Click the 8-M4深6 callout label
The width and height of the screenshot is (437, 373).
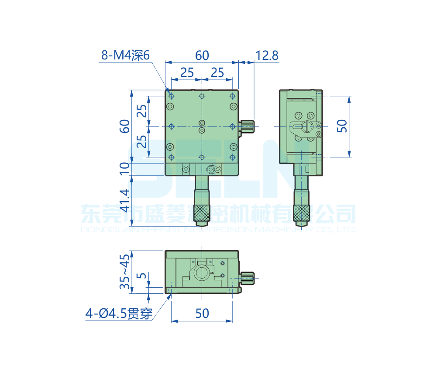point(125,56)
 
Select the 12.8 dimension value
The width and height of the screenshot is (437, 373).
point(267,56)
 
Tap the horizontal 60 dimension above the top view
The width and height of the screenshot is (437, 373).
point(202,56)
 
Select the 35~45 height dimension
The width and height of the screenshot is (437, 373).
point(125,271)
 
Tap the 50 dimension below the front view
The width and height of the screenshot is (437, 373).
point(202,313)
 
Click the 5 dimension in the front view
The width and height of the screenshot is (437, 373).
point(141,276)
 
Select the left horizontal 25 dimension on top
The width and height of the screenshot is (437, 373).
point(186,73)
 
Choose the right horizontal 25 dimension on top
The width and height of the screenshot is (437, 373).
point(217,73)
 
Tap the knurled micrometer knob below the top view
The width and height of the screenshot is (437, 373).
point(202,213)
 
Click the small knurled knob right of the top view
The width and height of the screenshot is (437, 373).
point(248,126)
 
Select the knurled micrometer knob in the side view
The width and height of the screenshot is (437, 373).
point(301,213)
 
